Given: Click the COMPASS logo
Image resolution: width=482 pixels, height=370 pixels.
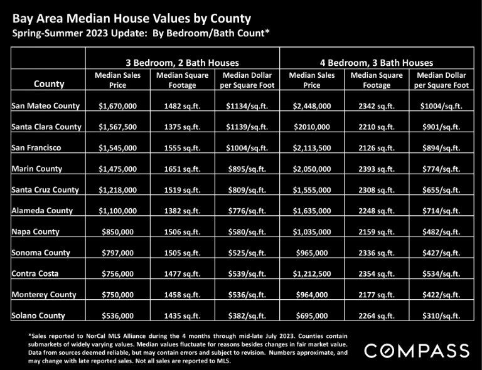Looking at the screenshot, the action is [417, 351].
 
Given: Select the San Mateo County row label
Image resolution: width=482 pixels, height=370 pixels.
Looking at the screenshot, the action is [45, 106].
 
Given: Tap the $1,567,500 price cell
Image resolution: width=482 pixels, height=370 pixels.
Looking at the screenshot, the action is [118, 127].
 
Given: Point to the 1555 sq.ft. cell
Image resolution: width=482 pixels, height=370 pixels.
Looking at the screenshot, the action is [182, 148].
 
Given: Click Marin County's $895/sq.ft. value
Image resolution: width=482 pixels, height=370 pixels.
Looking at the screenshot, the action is [247, 169].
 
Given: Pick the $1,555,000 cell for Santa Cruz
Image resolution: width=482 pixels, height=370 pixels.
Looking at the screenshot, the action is [312, 190].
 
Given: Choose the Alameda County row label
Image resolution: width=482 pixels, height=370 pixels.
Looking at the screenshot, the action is [42, 211].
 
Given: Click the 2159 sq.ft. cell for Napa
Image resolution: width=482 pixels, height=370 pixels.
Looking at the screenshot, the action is [377, 232].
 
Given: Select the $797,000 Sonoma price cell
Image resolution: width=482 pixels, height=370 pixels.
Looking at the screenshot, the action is [118, 253].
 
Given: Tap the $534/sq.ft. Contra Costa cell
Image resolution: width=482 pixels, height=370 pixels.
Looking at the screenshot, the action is [441, 274].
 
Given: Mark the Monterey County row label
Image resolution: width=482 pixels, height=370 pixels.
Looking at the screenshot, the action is [44, 295].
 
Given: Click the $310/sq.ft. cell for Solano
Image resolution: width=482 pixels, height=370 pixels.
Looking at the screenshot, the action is [441, 315].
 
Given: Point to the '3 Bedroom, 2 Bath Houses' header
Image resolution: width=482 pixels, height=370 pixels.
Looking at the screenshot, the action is [182, 63].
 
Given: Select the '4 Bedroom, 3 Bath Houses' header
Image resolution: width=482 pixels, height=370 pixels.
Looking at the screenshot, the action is [377, 63].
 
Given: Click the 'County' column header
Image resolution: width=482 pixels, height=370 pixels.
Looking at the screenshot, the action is [49, 84].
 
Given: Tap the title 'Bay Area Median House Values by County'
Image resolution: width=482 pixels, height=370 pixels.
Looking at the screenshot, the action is [132, 19].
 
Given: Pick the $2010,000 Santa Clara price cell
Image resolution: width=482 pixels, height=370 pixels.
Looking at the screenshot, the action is [312, 127].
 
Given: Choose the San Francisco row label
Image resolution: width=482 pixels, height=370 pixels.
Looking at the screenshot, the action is [36, 148].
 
